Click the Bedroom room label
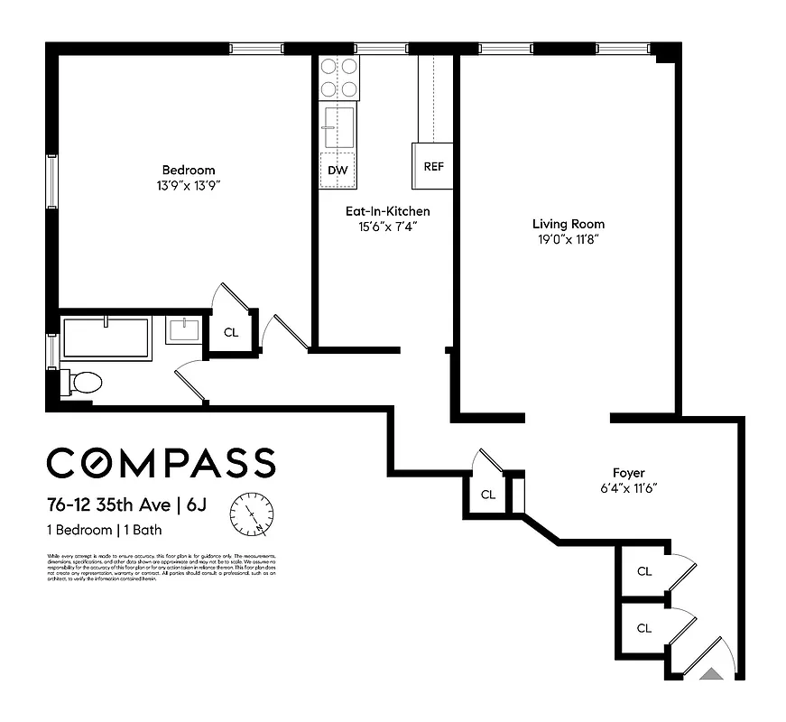pos(189,170)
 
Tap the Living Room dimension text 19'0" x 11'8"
pos(568,239)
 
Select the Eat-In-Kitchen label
pos(387,211)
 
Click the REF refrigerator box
pos(433,167)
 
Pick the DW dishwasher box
pos(338,170)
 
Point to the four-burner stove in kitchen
pos(338,78)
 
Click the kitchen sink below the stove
pos(338,126)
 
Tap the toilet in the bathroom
pos(82,383)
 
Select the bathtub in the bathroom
pos(106,338)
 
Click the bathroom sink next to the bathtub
pos(187,329)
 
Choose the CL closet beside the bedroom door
pos(231,332)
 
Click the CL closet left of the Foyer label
pos(487,495)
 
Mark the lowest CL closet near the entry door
pos(643,628)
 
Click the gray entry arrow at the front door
pos(713,671)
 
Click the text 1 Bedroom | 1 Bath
pos(104,530)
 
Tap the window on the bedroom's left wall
pos(51,180)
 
